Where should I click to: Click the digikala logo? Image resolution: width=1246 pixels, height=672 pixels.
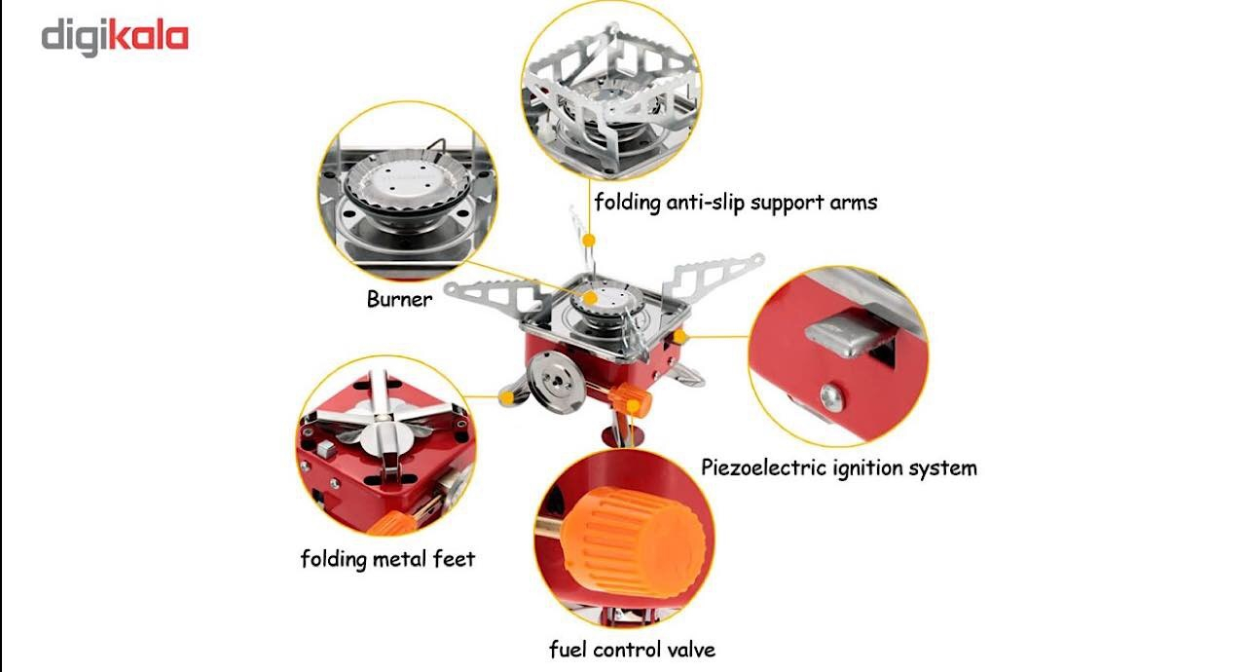click(x=115, y=37)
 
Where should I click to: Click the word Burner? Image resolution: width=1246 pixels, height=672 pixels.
click(x=399, y=299)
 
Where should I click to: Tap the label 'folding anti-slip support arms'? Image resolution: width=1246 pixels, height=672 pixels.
click(x=735, y=202)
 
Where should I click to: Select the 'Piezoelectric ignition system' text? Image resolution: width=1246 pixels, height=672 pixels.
click(x=839, y=467)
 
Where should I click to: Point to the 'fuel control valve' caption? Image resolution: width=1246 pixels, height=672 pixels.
click(x=632, y=650)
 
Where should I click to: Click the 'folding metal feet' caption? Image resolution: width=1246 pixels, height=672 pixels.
click(x=387, y=558)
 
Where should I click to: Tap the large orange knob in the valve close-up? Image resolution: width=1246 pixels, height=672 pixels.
click(x=634, y=541)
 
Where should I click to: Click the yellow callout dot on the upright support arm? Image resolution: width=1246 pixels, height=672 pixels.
click(x=589, y=241)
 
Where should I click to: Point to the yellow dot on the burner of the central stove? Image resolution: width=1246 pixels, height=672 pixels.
click(x=591, y=299)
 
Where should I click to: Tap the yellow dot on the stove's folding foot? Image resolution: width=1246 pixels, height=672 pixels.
click(x=506, y=397)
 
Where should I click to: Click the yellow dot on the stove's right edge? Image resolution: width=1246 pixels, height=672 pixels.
click(x=679, y=337)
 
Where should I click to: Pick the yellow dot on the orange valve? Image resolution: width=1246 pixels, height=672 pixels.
click(x=634, y=406)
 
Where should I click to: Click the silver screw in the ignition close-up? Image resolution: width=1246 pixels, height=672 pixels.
click(x=832, y=397)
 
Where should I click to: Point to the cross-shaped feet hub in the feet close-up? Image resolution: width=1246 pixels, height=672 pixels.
click(x=384, y=429)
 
